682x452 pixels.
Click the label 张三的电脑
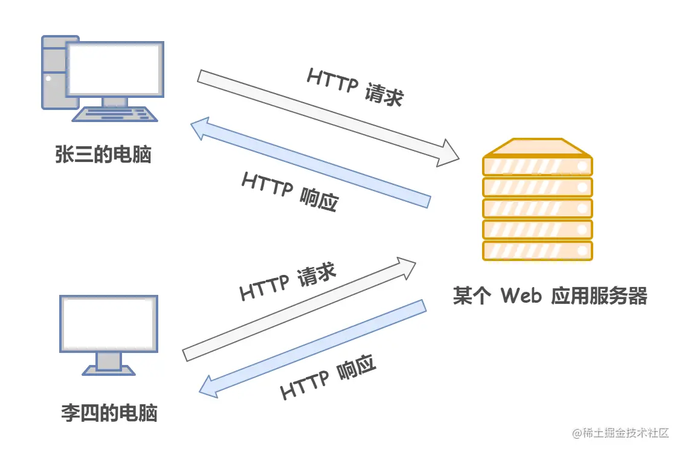[103, 155]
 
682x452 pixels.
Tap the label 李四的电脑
[109, 413]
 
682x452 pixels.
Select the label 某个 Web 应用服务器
[550, 296]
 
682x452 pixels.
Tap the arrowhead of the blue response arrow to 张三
[200, 129]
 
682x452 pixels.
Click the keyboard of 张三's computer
[115, 114]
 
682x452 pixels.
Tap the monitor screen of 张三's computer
[115, 68]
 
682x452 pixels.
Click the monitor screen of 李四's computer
[109, 323]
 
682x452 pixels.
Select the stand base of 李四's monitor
[109, 370]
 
